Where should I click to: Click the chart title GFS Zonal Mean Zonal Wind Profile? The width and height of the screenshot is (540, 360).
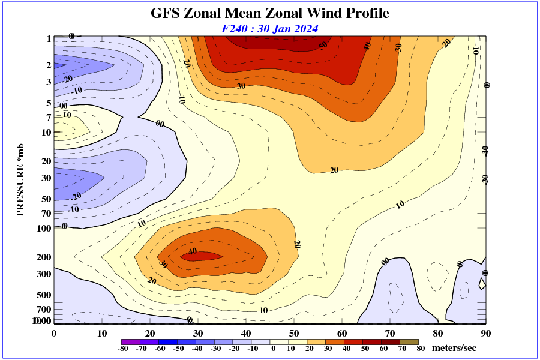click(x=269, y=13)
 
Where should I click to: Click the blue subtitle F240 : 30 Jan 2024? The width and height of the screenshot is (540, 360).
click(x=269, y=28)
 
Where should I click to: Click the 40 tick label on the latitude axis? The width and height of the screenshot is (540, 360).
click(x=246, y=334)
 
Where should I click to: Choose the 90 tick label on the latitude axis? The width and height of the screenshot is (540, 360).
click(x=486, y=334)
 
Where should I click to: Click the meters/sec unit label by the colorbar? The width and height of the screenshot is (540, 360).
click(x=454, y=348)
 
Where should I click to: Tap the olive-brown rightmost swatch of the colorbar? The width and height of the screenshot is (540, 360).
click(x=409, y=341)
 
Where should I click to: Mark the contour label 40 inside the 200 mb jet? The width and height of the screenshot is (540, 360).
click(x=193, y=251)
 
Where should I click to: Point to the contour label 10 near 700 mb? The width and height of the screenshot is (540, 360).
click(x=263, y=310)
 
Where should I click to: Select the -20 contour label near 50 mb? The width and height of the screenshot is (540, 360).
click(x=76, y=196)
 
